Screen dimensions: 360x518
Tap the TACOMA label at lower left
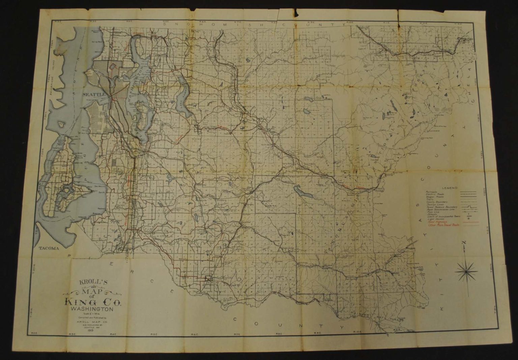tap(49, 248)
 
